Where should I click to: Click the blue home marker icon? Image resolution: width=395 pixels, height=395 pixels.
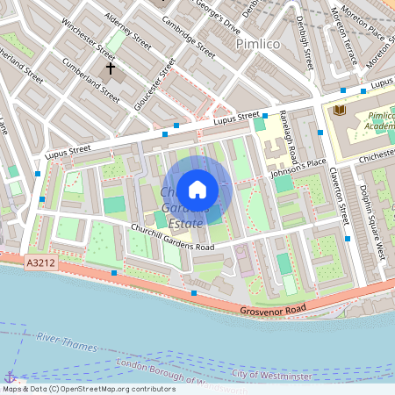(x=197, y=189)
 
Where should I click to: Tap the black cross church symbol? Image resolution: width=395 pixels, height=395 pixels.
(x=111, y=68)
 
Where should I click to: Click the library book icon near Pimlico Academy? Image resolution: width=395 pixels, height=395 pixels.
(x=338, y=110)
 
